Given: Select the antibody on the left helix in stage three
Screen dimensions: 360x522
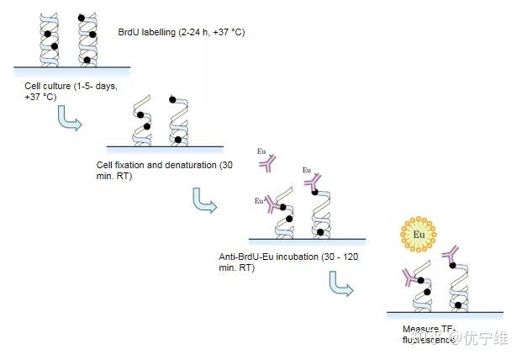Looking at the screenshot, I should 272,203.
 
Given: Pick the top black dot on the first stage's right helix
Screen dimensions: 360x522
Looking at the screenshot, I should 82,17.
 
